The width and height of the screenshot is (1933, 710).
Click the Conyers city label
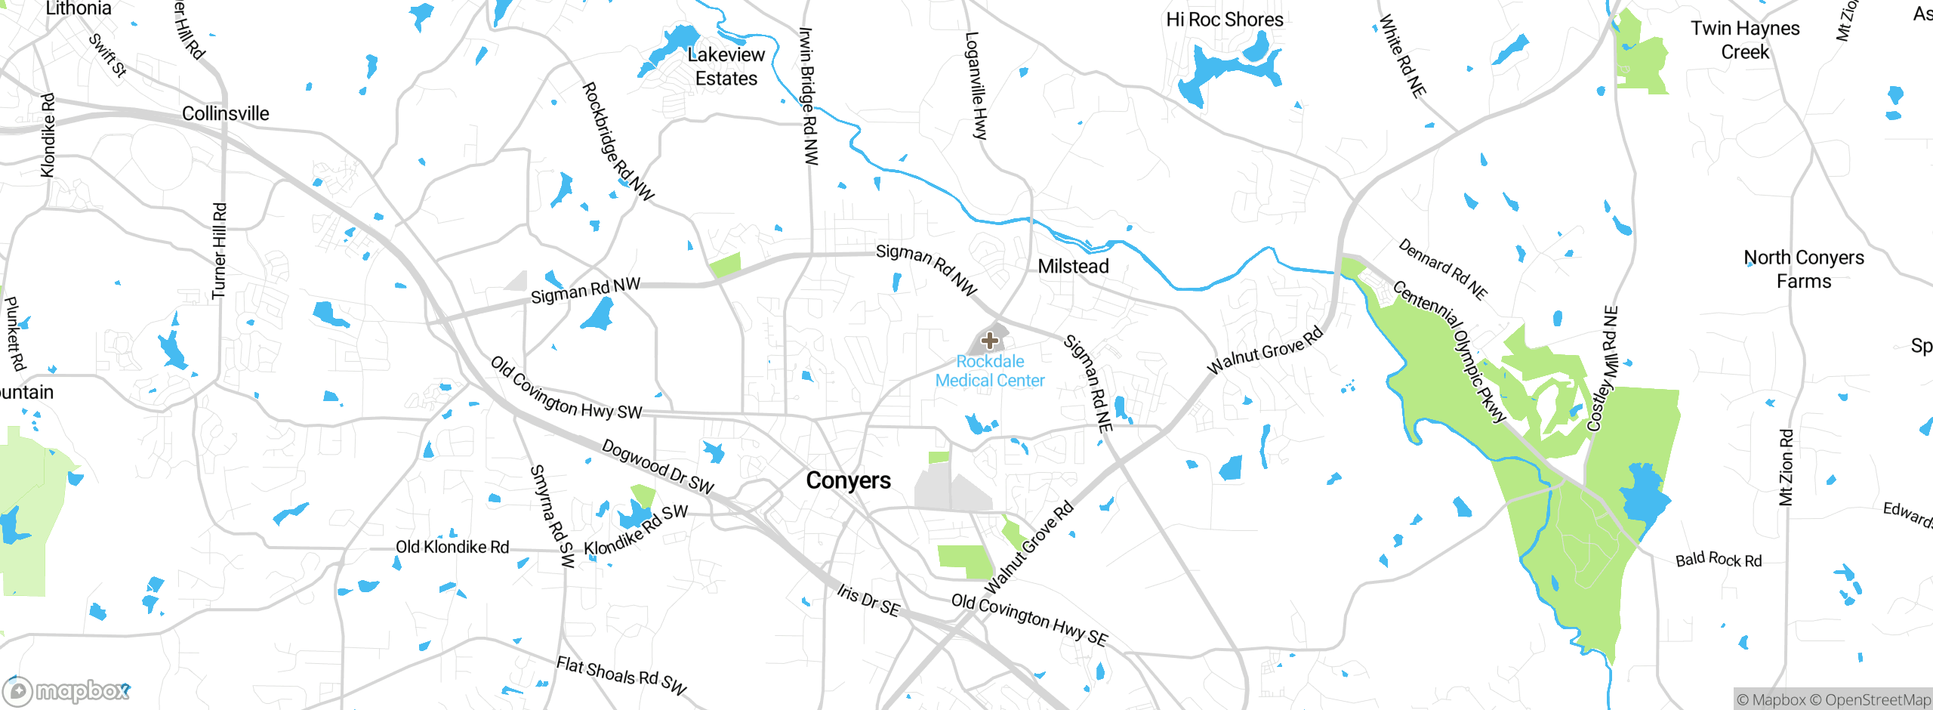[x=848, y=480]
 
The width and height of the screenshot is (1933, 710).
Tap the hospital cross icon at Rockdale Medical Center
[x=989, y=341]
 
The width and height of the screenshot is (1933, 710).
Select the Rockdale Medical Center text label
[x=990, y=371]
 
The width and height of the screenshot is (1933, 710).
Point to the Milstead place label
[x=1073, y=267]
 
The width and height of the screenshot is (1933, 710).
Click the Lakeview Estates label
[x=726, y=66]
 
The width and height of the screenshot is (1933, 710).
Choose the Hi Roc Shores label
[x=1224, y=20]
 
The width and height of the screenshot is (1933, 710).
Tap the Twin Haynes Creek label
[x=1744, y=40]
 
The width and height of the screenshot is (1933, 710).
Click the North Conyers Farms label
[x=1803, y=270]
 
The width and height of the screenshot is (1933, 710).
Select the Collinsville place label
[x=225, y=114]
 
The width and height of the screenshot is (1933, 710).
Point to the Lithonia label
[x=79, y=9]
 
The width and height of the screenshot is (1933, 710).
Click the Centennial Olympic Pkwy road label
[x=1450, y=350]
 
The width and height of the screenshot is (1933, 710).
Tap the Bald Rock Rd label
[x=1718, y=560]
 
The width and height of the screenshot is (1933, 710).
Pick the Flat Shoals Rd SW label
[x=621, y=675]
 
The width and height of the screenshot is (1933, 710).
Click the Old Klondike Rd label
[x=452, y=547]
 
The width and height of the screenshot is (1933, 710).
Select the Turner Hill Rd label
[x=219, y=251]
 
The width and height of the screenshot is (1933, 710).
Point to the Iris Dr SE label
[x=868, y=600]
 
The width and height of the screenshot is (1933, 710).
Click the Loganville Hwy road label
[x=976, y=85]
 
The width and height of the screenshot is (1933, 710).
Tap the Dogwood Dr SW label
[x=657, y=467]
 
